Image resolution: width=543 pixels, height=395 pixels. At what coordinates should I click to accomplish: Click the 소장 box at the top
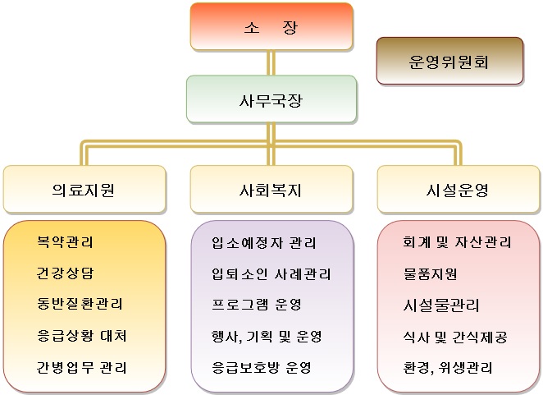pyautogui.click(x=271, y=27)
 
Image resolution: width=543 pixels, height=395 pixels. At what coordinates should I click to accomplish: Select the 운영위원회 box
pyautogui.click(x=449, y=61)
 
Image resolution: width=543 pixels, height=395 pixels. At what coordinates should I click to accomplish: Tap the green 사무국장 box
pyautogui.click(x=271, y=99)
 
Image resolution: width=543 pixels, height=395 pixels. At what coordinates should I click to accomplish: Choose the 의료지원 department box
pyautogui.click(x=84, y=190)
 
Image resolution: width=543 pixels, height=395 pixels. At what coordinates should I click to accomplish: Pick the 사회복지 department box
pyautogui.click(x=271, y=190)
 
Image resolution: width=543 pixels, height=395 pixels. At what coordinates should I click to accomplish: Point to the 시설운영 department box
pyautogui.click(x=459, y=190)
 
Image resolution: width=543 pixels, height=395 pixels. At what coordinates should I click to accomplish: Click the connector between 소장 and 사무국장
pyautogui.click(x=271, y=63)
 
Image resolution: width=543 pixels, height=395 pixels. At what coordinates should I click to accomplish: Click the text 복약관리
pyautogui.click(x=65, y=241)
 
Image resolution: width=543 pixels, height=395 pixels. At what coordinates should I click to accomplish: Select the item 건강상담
pyautogui.click(x=65, y=273)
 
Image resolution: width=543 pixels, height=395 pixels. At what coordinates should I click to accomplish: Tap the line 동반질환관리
pyautogui.click(x=80, y=304)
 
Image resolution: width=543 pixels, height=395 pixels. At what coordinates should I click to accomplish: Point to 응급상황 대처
pyautogui.click(x=82, y=336)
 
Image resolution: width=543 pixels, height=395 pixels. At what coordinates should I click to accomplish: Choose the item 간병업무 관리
pyautogui.click(x=82, y=367)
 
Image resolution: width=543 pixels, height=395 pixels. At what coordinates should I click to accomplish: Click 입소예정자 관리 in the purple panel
pyautogui.click(x=264, y=242)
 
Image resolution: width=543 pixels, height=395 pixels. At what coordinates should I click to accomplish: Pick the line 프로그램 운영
pyautogui.click(x=257, y=305)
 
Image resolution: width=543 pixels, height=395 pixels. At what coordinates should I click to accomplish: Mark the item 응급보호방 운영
pyautogui.click(x=262, y=368)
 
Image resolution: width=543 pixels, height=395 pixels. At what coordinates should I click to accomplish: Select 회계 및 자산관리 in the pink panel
pyautogui.click(x=457, y=242)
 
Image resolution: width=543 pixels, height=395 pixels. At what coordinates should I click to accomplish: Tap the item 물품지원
pyautogui.click(x=430, y=274)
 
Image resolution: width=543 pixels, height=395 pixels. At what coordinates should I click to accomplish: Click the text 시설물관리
pyautogui.click(x=440, y=305)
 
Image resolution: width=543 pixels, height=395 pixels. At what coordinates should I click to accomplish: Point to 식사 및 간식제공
pyautogui.click(x=455, y=337)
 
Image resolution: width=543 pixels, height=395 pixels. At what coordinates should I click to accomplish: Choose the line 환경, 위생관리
pyautogui.click(x=448, y=368)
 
